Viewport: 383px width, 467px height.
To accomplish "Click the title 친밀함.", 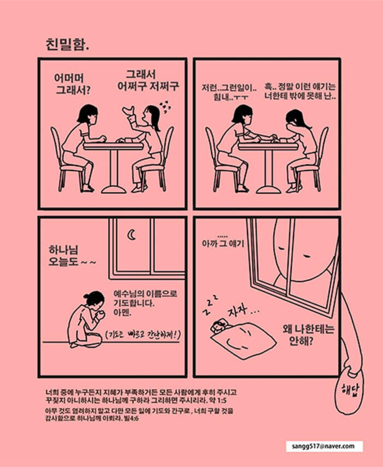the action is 68,44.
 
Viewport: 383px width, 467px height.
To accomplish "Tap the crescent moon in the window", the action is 131,235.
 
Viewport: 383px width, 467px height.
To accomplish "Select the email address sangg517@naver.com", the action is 323,446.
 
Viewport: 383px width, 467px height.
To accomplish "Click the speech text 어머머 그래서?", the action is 73,84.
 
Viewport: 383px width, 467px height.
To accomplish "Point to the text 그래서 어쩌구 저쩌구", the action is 148,80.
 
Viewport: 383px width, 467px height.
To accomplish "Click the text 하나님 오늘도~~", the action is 72,256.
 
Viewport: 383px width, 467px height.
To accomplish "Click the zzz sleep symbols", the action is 210,304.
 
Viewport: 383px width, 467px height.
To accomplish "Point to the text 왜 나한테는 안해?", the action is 308,335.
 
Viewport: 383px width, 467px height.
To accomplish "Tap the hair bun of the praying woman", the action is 86,296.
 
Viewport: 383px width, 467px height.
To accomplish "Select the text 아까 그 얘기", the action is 223,241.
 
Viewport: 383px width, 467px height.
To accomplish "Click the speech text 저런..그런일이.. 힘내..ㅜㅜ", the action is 229,93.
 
